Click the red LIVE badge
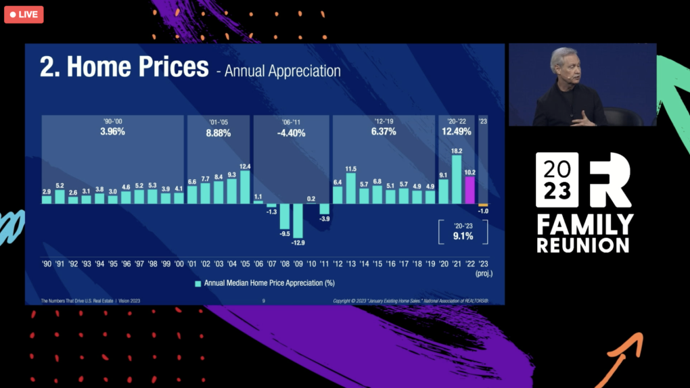24,14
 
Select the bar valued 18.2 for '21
457,180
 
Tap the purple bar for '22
469,190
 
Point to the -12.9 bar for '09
298,220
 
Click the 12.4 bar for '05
245,187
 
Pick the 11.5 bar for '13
350,189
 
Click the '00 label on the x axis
179,263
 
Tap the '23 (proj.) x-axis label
483,268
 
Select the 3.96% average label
112,132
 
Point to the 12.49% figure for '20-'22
457,132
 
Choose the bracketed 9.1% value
463,237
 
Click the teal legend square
198,283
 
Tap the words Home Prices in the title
138,68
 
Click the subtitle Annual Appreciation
282,71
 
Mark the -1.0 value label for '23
483,212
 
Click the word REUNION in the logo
583,245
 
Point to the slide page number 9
263,301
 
